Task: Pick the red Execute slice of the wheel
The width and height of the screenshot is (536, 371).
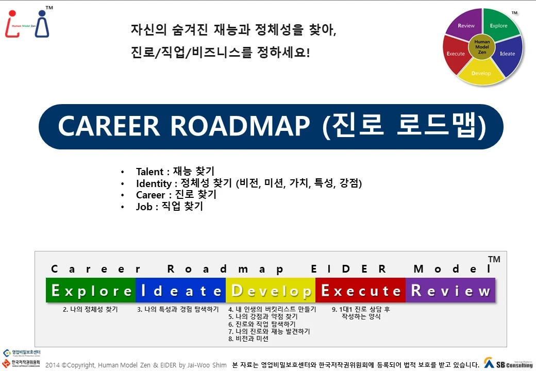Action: click(x=456, y=54)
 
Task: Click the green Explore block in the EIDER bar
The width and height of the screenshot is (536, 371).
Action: click(x=91, y=291)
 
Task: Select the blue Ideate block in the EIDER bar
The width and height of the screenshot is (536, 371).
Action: click(x=180, y=291)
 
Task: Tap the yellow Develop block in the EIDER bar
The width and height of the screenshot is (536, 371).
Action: click(x=271, y=291)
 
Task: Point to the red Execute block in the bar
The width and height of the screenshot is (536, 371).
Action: click(x=360, y=291)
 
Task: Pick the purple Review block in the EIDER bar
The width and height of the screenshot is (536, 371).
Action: click(x=450, y=291)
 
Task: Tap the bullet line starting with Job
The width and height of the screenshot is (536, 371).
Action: click(x=170, y=207)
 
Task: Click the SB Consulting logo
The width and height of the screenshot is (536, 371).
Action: click(x=508, y=363)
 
